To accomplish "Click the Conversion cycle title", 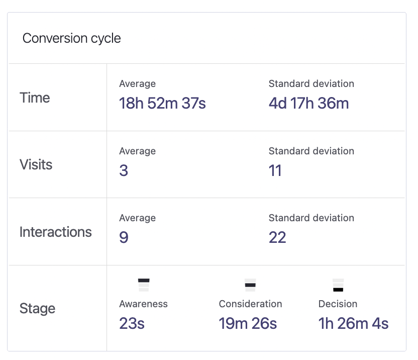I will (72, 38).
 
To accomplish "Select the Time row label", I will (35, 98).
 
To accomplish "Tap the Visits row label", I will (36, 164).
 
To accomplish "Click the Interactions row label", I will (55, 232).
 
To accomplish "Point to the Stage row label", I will (37, 308).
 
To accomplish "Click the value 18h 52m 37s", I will (162, 103).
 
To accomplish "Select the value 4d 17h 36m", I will (308, 103).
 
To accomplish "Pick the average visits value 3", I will (124, 170).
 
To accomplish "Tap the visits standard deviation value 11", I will (275, 170).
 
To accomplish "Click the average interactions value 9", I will (124, 237).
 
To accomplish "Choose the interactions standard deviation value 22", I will (277, 237).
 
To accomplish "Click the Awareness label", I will (143, 304).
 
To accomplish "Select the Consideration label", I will (250, 304).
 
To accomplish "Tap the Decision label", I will (338, 304).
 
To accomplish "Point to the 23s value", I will (132, 323).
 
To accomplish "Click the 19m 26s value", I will (248, 323).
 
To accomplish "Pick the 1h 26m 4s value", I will (353, 323).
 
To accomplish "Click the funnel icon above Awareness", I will (144, 285).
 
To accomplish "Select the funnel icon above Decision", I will (338, 285).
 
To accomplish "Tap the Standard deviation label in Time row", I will (311, 84).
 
